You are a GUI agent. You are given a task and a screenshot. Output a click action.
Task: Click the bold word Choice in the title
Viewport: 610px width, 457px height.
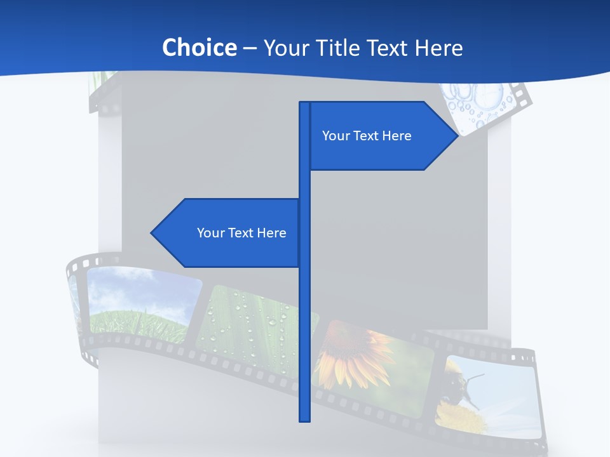click(199, 48)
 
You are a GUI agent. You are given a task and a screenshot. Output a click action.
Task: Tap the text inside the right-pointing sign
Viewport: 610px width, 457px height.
click(367, 136)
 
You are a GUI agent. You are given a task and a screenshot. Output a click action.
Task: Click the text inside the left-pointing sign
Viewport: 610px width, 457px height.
click(241, 233)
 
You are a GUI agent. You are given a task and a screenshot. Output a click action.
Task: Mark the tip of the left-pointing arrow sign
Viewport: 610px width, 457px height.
click(152, 233)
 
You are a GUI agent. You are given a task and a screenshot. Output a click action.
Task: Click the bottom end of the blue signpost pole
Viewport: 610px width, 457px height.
click(304, 420)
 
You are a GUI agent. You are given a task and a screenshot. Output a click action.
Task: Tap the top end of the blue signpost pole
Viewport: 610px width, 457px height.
click(304, 103)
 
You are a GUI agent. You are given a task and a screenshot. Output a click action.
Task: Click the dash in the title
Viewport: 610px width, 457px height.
click(250, 48)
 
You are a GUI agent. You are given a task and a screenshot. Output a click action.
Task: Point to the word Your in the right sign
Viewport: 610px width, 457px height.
click(336, 136)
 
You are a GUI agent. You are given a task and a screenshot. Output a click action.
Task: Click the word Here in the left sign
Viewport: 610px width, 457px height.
click(271, 233)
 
